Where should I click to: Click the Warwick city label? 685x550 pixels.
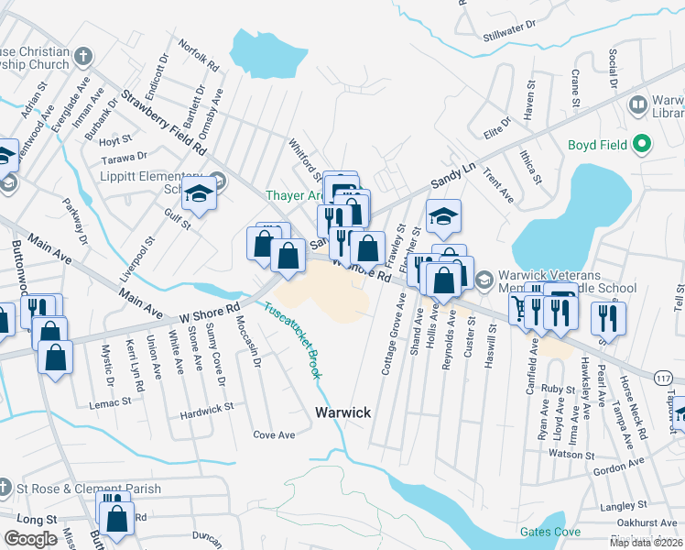click(343, 412)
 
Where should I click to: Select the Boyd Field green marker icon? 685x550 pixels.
click(642, 144)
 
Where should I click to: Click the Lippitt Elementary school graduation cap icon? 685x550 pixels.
click(197, 193)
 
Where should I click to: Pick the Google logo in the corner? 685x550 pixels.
click(31, 539)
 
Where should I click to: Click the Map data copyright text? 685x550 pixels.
click(646, 543)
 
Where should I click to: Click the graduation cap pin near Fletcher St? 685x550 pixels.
click(444, 216)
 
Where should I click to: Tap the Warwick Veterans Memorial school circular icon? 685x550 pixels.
click(485, 277)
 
